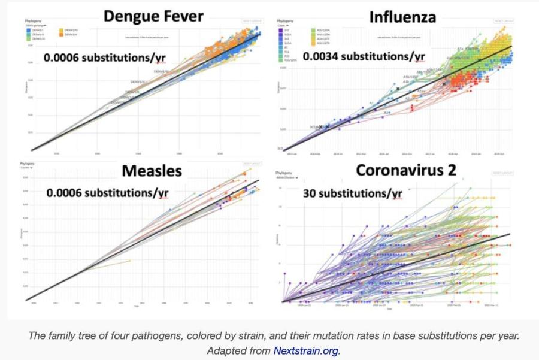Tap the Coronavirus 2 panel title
(x=406, y=170)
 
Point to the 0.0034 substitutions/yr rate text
(x=364, y=57)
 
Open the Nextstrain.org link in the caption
(x=305, y=350)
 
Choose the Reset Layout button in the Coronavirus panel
(x=502, y=173)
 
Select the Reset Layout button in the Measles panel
(x=252, y=163)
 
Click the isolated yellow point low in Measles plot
(x=129, y=261)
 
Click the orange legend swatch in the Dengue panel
(x=62, y=34)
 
